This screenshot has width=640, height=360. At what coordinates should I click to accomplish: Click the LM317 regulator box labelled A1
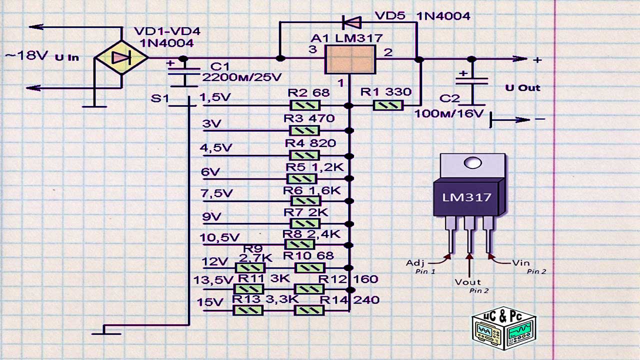(x=350, y=59)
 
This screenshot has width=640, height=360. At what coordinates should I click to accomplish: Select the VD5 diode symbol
(x=351, y=22)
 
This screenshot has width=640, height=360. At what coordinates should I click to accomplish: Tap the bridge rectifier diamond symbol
(x=121, y=58)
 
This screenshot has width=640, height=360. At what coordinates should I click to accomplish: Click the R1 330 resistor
(x=388, y=105)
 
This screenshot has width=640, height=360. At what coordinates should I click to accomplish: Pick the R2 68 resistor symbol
(x=304, y=105)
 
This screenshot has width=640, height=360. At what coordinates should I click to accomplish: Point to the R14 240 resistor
(x=309, y=310)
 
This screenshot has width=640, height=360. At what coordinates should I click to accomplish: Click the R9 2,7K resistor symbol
(x=249, y=268)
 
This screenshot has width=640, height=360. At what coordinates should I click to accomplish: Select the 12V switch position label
(x=214, y=261)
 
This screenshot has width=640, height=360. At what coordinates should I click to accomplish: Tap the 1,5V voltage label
(x=215, y=97)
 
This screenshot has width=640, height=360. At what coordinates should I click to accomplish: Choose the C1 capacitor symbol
(x=183, y=73)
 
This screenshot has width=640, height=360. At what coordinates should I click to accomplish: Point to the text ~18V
(x=26, y=55)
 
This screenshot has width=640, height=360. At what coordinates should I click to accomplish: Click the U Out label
(x=522, y=88)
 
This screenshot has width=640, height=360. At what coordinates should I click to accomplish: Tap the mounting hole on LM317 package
(x=472, y=163)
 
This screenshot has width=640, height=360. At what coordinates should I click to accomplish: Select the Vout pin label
(x=467, y=281)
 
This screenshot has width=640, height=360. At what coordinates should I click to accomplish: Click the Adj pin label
(x=415, y=262)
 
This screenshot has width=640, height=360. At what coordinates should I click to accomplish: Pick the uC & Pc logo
(x=503, y=328)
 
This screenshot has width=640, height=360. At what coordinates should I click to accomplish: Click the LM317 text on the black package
(x=466, y=197)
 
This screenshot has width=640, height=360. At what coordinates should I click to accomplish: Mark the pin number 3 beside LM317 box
(x=312, y=49)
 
